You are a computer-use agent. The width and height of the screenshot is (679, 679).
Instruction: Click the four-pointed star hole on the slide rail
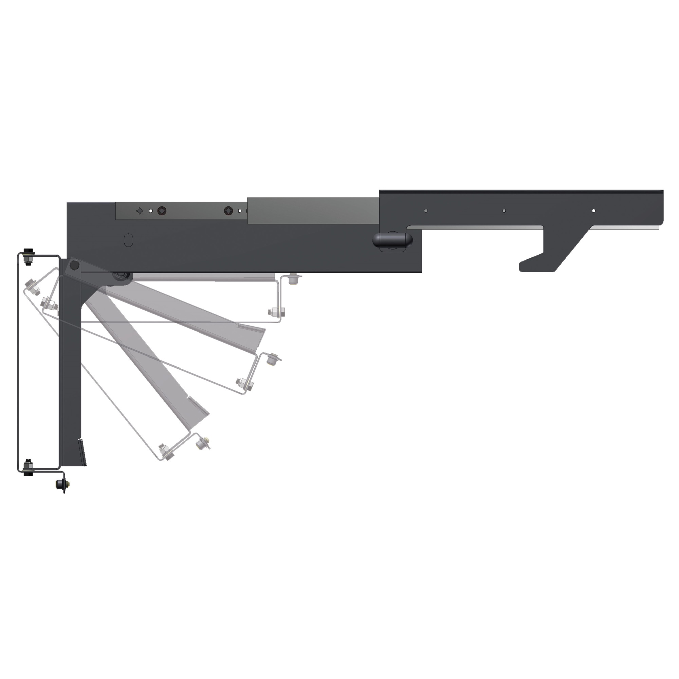click(x=140, y=211)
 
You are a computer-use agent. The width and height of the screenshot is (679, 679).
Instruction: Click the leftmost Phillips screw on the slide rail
click(x=162, y=211)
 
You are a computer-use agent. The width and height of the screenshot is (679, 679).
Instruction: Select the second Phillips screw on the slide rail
click(x=228, y=211)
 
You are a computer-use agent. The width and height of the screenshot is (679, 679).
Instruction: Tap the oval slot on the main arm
click(x=129, y=240)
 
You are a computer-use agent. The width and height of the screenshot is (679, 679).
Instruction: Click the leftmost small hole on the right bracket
click(x=426, y=211)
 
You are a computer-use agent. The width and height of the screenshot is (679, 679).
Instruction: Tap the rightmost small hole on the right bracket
click(x=593, y=211)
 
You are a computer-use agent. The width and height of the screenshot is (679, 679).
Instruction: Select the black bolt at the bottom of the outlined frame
click(x=27, y=469)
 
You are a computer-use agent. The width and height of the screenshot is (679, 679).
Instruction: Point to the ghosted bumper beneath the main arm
click(x=292, y=280)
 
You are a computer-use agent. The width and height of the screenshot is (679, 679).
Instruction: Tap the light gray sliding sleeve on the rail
click(x=313, y=211)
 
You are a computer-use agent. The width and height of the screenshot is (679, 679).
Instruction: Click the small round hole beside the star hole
click(x=151, y=211)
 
